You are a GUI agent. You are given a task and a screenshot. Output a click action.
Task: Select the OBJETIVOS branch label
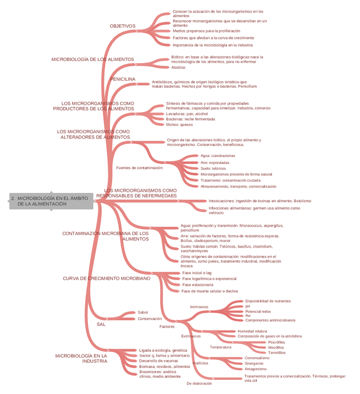(123, 26)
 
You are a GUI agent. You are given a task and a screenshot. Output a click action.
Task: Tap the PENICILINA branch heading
(123, 79)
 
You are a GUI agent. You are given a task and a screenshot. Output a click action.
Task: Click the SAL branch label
(101, 324)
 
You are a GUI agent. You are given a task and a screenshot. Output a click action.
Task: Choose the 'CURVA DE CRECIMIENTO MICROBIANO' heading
(106, 278)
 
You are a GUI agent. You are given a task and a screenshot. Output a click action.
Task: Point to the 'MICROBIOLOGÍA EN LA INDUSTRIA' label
(81, 358)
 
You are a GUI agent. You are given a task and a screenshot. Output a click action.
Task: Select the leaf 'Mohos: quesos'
(179, 125)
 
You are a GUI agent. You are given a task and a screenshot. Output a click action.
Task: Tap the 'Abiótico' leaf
(178, 67)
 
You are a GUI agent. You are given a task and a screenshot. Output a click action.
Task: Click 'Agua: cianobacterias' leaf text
(218, 156)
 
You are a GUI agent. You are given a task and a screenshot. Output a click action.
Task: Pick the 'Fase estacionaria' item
(197, 284)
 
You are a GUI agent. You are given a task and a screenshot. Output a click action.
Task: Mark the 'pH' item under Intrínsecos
(248, 306)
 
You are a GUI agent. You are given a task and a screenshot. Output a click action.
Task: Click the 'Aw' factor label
(248, 315)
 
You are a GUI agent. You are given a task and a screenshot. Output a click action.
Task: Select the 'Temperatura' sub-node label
(220, 347)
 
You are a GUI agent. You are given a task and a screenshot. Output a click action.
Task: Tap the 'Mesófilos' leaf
(276, 348)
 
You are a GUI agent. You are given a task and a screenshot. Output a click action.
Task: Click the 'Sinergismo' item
(254, 363)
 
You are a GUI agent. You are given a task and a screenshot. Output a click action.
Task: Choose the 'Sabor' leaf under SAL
(143, 312)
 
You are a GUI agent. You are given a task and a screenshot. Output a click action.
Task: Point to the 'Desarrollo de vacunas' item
(158, 361)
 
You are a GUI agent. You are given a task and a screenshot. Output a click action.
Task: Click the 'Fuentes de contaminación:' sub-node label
(139, 168)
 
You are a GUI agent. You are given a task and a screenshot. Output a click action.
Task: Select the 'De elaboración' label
(199, 383)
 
